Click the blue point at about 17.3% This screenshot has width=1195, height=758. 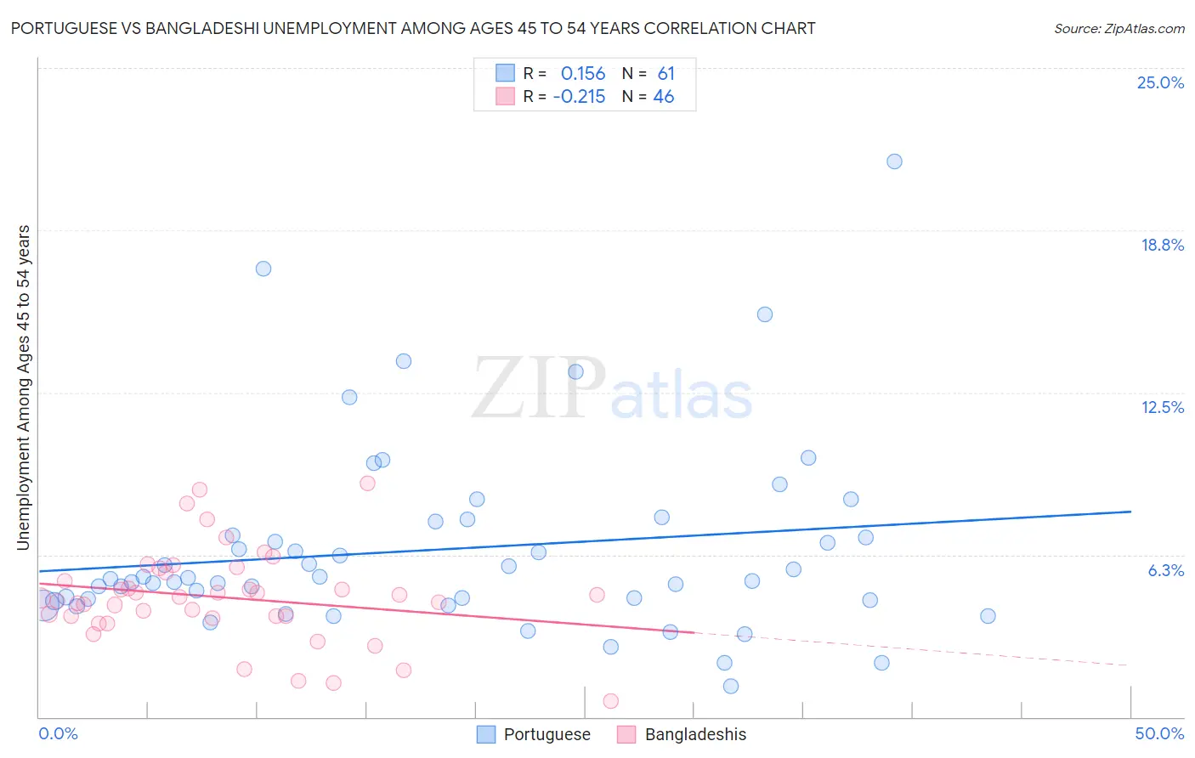(x=263, y=269)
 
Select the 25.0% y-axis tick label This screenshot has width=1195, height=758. (x=1160, y=82)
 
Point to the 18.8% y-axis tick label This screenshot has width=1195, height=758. (x=1162, y=245)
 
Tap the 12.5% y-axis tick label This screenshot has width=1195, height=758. (x=1162, y=407)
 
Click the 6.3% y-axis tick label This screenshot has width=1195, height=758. (x=1165, y=570)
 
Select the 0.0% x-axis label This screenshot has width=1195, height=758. (x=58, y=733)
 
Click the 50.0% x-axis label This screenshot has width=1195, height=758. (x=1159, y=733)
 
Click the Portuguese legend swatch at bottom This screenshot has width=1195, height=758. (x=486, y=734)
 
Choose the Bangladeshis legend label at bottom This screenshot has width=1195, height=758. (x=695, y=734)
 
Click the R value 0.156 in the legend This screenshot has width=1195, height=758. (x=583, y=74)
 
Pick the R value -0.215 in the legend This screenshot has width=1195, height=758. (x=579, y=97)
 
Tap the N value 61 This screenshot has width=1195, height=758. (x=665, y=74)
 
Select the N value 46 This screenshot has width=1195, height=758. (x=664, y=97)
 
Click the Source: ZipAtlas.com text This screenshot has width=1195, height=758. (x=1119, y=29)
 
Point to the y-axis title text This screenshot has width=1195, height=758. (x=24, y=387)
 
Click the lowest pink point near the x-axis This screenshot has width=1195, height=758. (x=610, y=701)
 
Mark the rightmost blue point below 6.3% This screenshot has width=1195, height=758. (x=988, y=616)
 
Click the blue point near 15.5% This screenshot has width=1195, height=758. (x=765, y=314)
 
